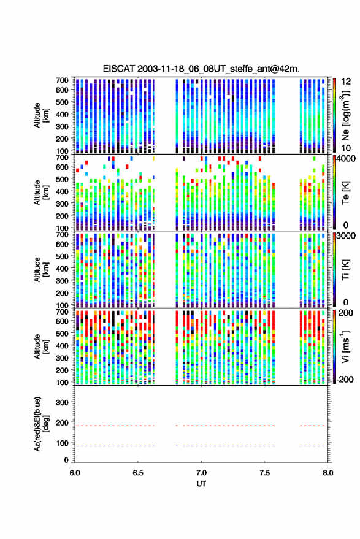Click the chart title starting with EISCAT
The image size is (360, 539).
click(201, 69)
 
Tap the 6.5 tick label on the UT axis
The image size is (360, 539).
click(138, 473)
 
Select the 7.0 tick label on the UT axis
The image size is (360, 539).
click(201, 473)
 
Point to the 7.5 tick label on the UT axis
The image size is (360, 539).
click(264, 473)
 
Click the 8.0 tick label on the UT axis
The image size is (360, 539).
click(328, 473)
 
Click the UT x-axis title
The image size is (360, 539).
click(201, 484)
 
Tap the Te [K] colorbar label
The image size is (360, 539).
click(345, 193)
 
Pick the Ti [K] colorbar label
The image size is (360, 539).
click(345, 270)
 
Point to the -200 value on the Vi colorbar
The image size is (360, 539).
click(345, 379)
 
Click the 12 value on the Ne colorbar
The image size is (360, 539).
click(346, 82)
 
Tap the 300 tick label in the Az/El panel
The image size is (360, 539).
click(62, 402)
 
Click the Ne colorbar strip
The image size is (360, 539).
click(334, 115)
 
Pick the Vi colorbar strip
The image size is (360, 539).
click(334, 347)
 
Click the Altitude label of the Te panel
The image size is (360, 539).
click(41, 193)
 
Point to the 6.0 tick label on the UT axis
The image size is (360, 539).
click(75, 473)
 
